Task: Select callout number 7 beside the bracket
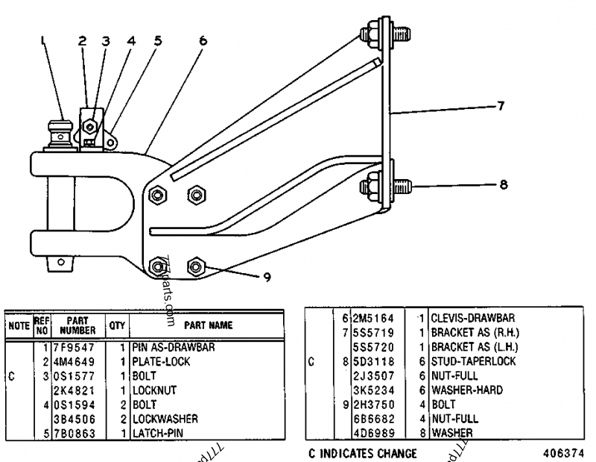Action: (501, 106)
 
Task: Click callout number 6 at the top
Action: (203, 43)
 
